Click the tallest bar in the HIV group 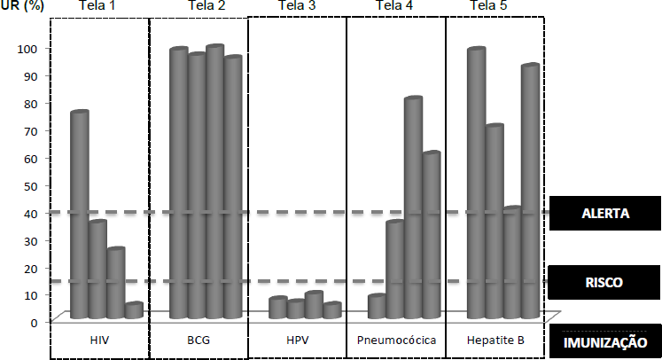coord(80,215)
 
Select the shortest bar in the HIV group coord(134,310)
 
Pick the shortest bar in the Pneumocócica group coord(377,306)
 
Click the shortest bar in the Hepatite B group coord(512,262)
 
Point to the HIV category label coord(99,340)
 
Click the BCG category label coord(199,340)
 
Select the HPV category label coord(297,340)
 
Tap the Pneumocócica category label coord(394,340)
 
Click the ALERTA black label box coord(605,213)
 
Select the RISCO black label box coord(605,283)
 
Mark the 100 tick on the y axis coord(29,49)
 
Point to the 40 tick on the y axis coord(32,213)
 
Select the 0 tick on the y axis coord(35,323)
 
